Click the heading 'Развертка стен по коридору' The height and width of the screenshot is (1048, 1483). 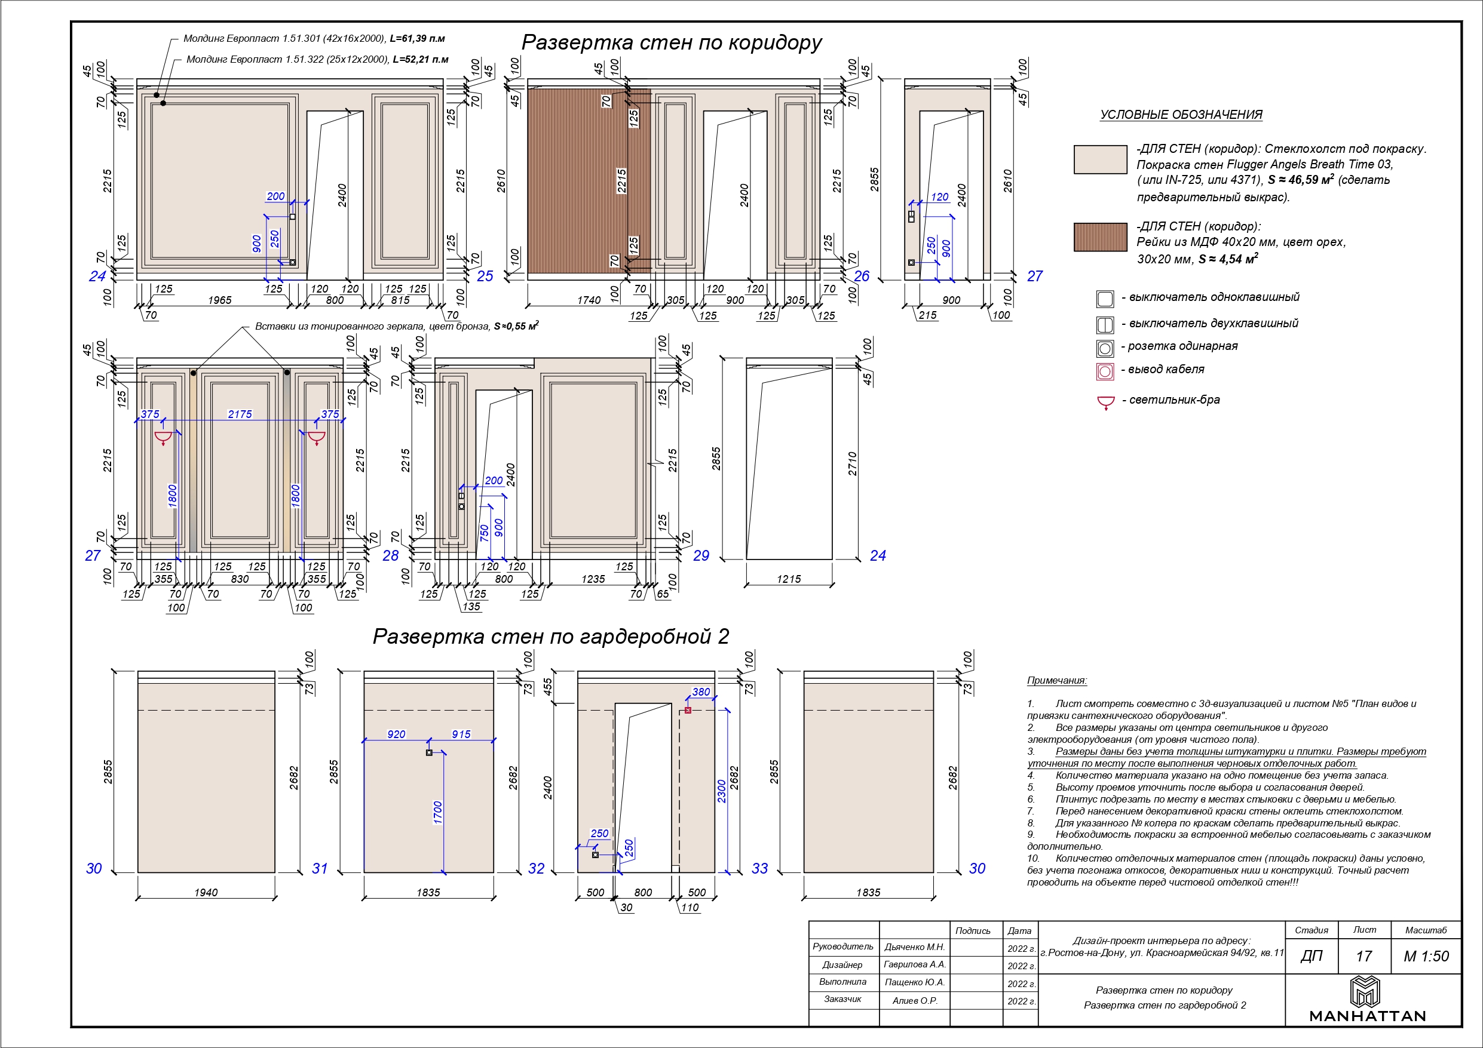pyautogui.click(x=671, y=42)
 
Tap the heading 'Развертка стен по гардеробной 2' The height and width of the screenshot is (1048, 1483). pyautogui.click(x=550, y=637)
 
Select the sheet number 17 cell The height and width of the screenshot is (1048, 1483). pyautogui.click(x=1363, y=956)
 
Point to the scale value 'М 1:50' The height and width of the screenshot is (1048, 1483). pyautogui.click(x=1426, y=956)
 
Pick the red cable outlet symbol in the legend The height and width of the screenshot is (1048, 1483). pyautogui.click(x=1105, y=371)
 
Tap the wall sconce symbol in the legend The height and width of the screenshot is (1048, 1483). pyautogui.click(x=1106, y=402)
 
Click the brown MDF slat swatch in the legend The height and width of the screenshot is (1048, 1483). pyautogui.click(x=1100, y=237)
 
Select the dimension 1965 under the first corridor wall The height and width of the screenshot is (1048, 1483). pyautogui.click(x=220, y=300)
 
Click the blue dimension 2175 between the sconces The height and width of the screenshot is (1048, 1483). pyautogui.click(x=240, y=414)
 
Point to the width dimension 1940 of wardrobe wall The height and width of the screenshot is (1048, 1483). pyautogui.click(x=206, y=892)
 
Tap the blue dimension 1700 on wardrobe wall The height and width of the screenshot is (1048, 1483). pyautogui.click(x=438, y=812)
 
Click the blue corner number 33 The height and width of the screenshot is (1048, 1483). pyautogui.click(x=759, y=868)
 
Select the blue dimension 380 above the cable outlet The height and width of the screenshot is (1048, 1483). pyautogui.click(x=701, y=692)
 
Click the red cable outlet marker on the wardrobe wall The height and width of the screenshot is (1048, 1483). pyautogui.click(x=688, y=710)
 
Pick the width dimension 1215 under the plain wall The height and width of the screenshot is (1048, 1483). pyautogui.click(x=789, y=579)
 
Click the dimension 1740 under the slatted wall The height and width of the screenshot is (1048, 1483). pyautogui.click(x=589, y=300)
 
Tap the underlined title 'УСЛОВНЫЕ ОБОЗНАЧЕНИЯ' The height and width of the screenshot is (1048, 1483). pyautogui.click(x=1181, y=115)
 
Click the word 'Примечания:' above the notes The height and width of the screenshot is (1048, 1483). pyautogui.click(x=1057, y=681)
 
